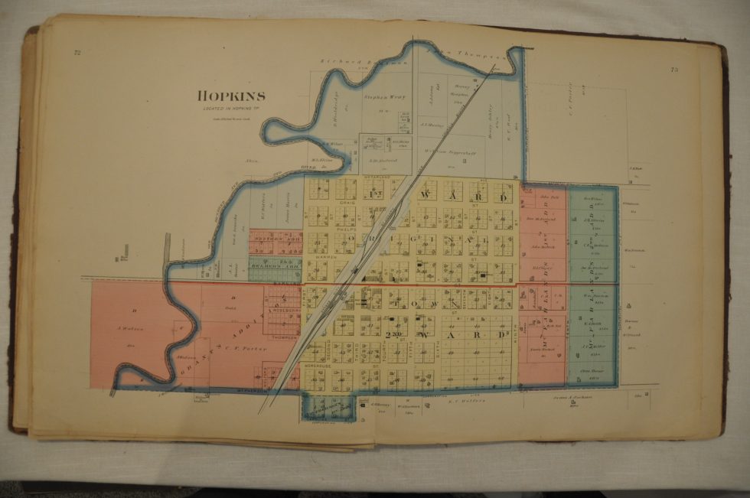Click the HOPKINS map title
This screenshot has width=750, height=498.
point(232,96)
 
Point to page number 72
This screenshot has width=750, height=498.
point(77,53)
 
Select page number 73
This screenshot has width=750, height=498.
point(673,70)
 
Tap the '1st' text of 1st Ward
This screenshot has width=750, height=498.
point(377,194)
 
